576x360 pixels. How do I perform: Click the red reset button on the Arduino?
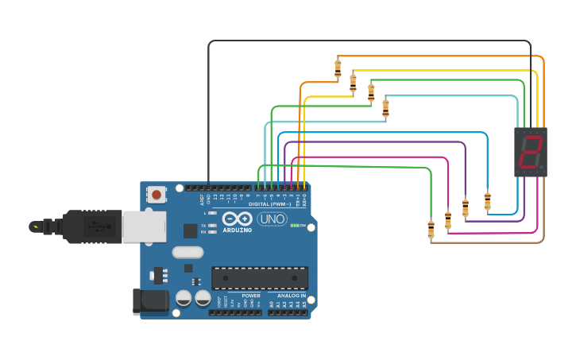(x=157, y=194)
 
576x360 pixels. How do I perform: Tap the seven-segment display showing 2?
(x=530, y=152)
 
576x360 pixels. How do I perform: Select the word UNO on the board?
(x=272, y=219)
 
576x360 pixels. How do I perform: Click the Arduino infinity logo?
(x=237, y=219)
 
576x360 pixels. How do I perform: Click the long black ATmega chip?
(x=259, y=278)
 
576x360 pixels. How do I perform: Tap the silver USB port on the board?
(x=144, y=226)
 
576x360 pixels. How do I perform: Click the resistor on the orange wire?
(x=338, y=68)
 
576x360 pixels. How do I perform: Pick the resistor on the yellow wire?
(x=353, y=82)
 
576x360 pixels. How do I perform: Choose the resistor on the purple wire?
(x=466, y=207)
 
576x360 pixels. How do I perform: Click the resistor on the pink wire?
(x=448, y=219)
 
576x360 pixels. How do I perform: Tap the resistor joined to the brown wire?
(x=431, y=230)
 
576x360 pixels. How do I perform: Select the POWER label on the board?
(x=250, y=296)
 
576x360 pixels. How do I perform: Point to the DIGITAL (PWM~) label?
(x=269, y=204)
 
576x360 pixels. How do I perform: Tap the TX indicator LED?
(x=211, y=226)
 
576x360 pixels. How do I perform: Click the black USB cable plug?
(x=87, y=226)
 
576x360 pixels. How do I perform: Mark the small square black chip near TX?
(x=190, y=230)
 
